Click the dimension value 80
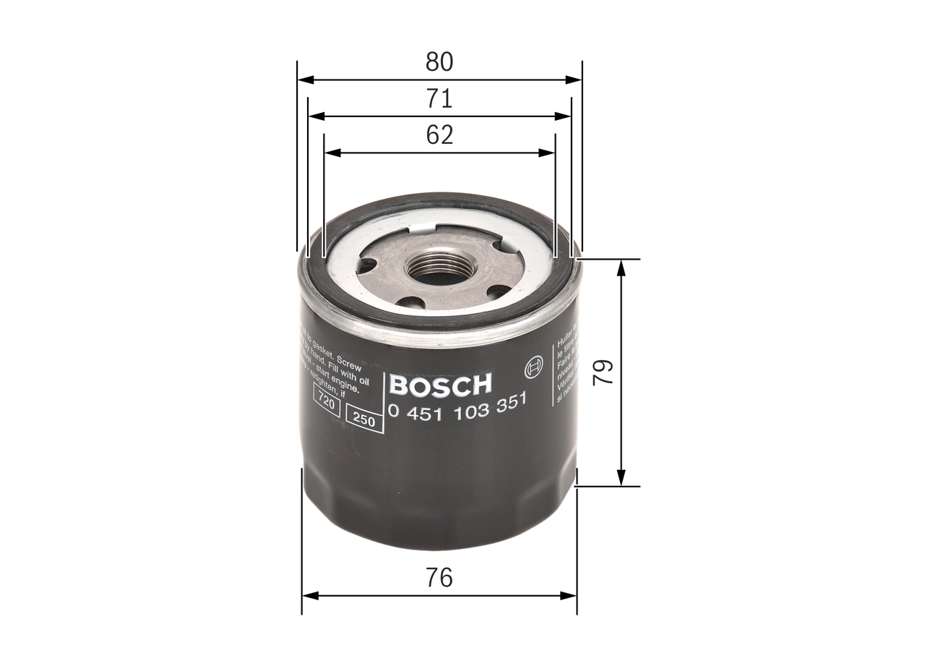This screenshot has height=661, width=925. pyautogui.click(x=439, y=62)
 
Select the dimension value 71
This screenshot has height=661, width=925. pyautogui.click(x=439, y=98)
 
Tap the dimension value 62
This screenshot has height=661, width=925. pyautogui.click(x=439, y=135)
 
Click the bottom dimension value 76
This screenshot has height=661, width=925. pyautogui.click(x=439, y=578)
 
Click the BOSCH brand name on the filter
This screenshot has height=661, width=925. pyautogui.click(x=440, y=385)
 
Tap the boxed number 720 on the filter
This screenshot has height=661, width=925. pyautogui.click(x=327, y=403)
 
